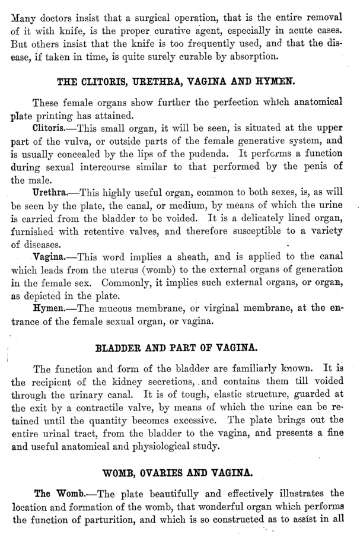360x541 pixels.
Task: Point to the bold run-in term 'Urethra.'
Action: [54, 193]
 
